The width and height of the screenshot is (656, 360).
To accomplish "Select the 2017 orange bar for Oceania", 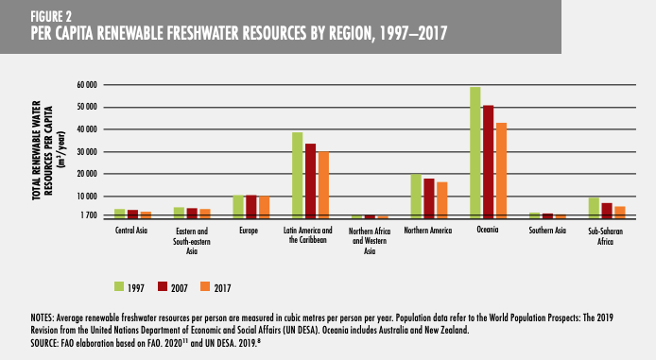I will [501, 171].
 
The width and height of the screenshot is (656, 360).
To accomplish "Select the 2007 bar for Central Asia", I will [132, 214].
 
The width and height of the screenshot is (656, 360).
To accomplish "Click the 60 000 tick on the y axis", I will [87, 84].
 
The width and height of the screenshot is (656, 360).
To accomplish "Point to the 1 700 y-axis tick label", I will [89, 215].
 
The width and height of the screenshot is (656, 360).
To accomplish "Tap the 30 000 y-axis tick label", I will [87, 151].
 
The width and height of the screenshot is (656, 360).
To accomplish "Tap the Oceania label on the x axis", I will [489, 230].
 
